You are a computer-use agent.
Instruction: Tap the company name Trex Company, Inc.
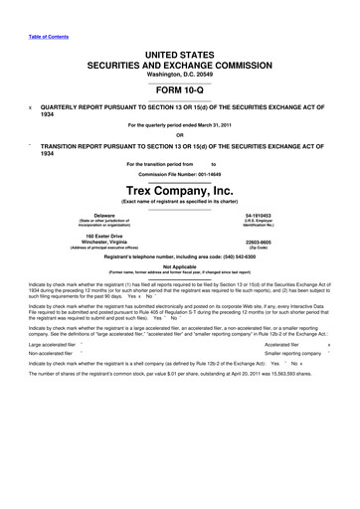[x=180, y=188]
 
